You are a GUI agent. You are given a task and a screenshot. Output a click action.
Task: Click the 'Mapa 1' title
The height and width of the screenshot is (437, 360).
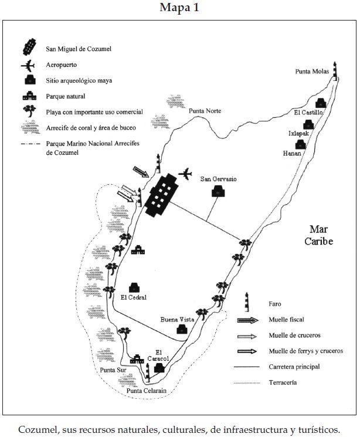tap(180, 8)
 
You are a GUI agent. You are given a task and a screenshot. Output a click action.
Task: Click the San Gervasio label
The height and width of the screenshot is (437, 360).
tap(218, 179)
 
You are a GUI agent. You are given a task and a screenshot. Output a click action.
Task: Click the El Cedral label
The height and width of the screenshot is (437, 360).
tap(133, 297)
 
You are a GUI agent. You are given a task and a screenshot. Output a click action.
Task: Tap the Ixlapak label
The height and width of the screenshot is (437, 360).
tap(298, 133)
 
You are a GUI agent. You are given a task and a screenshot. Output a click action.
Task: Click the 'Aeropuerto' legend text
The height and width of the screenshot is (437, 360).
tap(63, 64)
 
